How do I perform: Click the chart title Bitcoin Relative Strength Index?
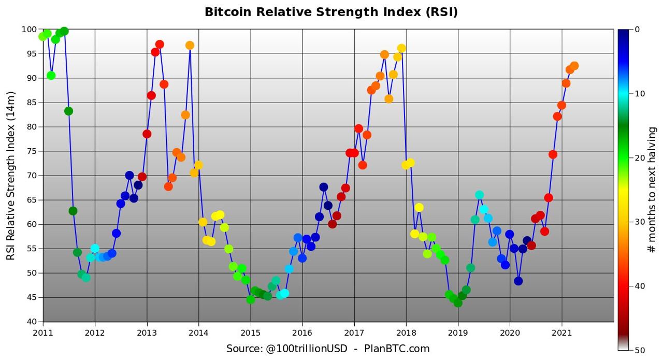[331, 12]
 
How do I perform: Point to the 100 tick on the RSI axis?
[30, 30]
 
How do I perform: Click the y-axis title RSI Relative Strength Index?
[11, 176]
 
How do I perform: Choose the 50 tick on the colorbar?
[640, 350]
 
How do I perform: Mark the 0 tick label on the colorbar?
[637, 30]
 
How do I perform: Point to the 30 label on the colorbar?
[640, 222]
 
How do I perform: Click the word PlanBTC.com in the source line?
[397, 349]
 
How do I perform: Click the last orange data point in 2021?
[574, 66]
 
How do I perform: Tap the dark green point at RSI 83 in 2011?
[68, 111]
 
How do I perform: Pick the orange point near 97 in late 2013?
[190, 45]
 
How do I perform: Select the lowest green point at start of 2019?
[458, 303]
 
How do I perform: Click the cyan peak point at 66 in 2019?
[479, 195]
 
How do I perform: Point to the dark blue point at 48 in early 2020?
[518, 281]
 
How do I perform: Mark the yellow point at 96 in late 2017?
[401, 48]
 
